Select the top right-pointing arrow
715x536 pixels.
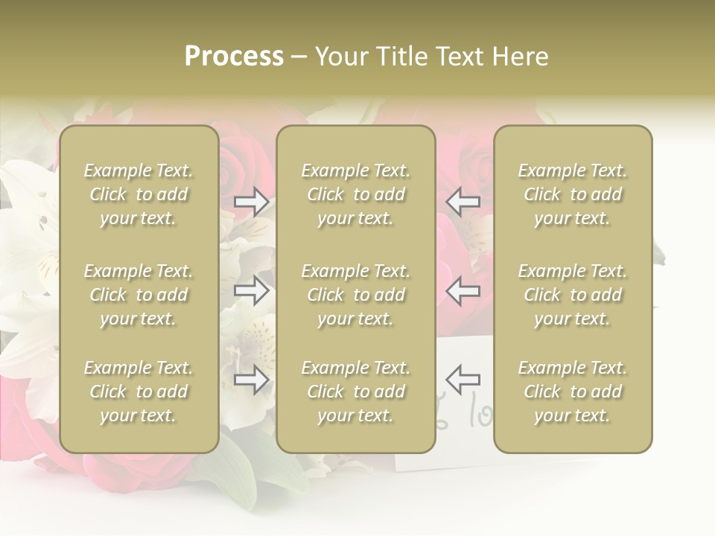(x=251, y=202)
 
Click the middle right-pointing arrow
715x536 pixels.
(x=251, y=291)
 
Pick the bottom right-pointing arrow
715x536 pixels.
(x=251, y=380)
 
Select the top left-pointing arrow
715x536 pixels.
(x=463, y=202)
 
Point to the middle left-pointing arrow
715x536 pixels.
(x=463, y=291)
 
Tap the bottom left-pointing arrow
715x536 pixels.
(x=463, y=380)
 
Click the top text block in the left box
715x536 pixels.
(x=139, y=194)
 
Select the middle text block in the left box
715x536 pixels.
(x=139, y=295)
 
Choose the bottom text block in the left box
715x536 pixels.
(x=139, y=392)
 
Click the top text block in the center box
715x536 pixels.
(x=356, y=194)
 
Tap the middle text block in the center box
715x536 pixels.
(x=356, y=295)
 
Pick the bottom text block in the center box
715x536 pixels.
(x=356, y=392)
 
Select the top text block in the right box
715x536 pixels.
(x=573, y=194)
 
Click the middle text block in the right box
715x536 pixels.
(x=573, y=295)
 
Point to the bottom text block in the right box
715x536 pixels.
(x=573, y=392)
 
